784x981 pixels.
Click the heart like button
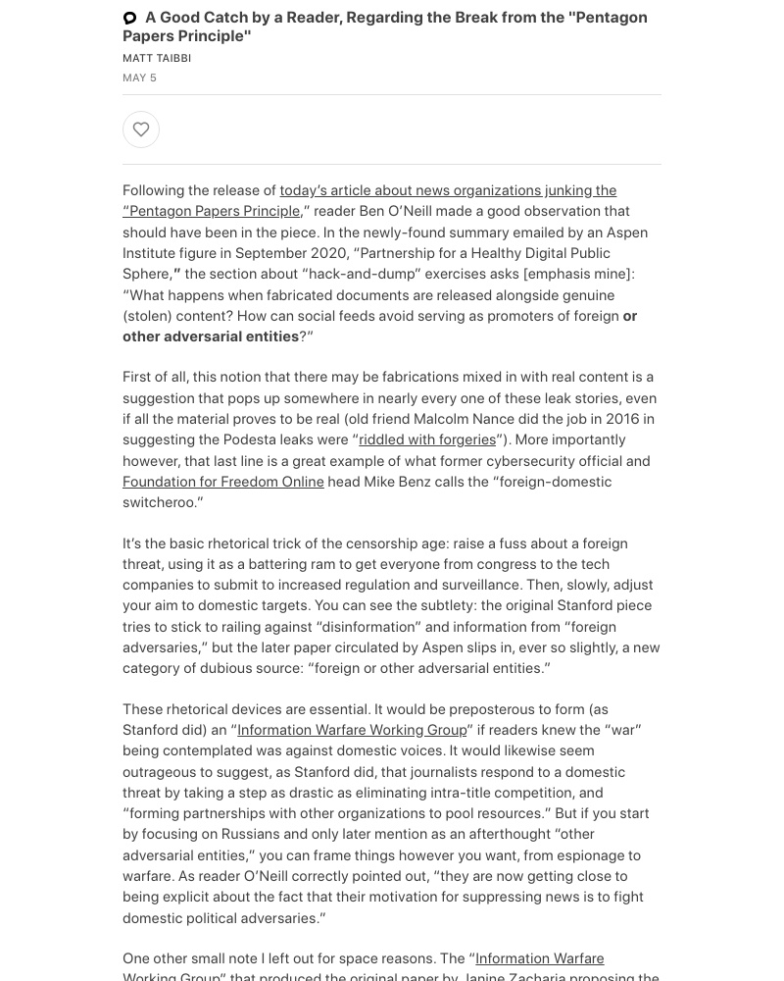click(141, 129)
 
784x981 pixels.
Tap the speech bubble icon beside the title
click(129, 18)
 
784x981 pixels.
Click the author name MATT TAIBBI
click(157, 58)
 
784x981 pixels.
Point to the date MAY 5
click(139, 77)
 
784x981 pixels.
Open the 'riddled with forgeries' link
click(427, 439)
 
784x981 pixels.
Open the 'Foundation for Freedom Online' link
click(223, 482)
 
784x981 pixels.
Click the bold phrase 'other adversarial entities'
click(211, 336)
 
